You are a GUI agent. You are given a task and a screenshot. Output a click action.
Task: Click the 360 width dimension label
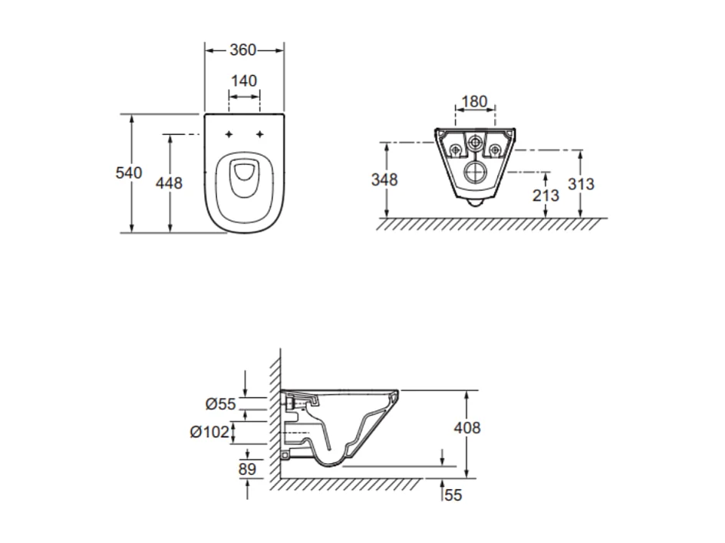coord(243,50)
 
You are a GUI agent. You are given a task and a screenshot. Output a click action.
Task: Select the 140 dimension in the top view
coord(243,81)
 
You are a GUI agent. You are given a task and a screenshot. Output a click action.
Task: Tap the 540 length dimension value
coord(129,173)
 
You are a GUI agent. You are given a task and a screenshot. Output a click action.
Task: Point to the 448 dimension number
coord(169,183)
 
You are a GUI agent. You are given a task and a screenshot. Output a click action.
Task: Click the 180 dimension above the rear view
coord(475,102)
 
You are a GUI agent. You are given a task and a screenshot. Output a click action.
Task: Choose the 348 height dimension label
coord(384,179)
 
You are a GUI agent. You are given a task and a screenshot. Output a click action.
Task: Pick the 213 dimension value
coord(545,195)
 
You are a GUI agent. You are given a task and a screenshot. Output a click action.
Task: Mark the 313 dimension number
coord(581,184)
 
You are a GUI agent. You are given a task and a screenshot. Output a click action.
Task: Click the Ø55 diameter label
coord(221,404)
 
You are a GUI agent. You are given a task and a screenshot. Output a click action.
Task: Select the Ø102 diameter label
coord(210,432)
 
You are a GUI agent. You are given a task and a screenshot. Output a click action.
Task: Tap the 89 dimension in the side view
coord(247,469)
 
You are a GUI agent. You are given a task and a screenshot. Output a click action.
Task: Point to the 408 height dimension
coord(466,427)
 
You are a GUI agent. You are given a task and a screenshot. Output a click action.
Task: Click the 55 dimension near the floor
coord(453,495)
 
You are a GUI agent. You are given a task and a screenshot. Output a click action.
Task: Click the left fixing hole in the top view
coord(229,135)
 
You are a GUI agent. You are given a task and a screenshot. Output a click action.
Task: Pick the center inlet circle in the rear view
coord(476,143)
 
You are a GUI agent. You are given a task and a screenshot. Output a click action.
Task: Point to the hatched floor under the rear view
coord(491,224)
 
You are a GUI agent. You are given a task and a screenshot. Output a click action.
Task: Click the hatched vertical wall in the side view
coord(274,414)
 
